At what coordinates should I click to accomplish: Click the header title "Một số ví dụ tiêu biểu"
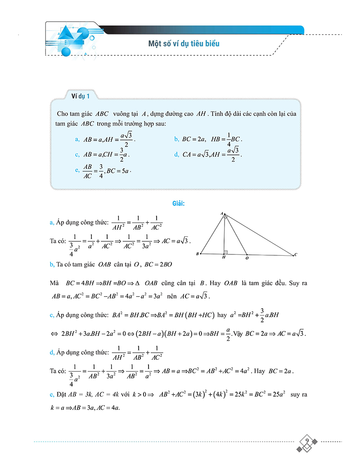(184, 44)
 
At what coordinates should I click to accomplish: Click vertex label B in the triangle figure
(198, 254)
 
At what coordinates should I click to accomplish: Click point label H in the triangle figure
(224, 259)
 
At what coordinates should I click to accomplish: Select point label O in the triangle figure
(247, 259)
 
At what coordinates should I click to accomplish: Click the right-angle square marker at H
(226, 252)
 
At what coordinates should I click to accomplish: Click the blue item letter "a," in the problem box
(78, 139)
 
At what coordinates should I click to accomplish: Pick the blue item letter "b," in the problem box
(177, 139)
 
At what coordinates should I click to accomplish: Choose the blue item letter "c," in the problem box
(78, 154)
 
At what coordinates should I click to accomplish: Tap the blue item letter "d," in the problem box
(177, 154)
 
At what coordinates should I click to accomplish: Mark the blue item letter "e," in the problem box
(78, 170)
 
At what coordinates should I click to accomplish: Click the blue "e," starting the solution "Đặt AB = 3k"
(52, 394)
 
